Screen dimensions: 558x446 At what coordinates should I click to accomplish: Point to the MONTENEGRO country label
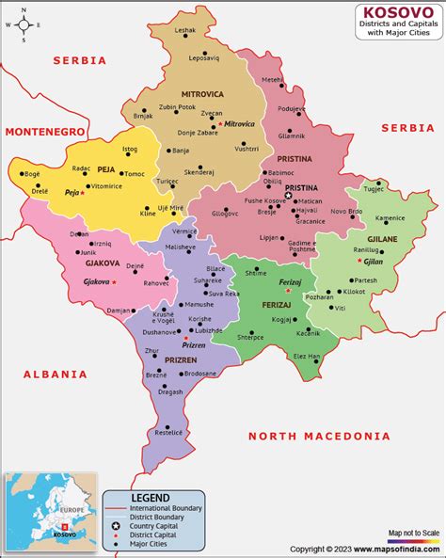pyautogui.click(x=46, y=132)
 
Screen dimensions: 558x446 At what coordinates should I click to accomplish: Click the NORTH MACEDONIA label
pyautogui.click(x=318, y=436)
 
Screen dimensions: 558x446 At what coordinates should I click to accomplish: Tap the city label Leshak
pyautogui.click(x=185, y=30)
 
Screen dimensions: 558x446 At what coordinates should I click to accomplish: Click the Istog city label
pyautogui.click(x=130, y=149)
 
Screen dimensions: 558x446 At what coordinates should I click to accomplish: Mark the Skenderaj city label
pyautogui.click(x=199, y=172)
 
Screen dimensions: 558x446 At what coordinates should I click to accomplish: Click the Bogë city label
pyautogui.click(x=32, y=174)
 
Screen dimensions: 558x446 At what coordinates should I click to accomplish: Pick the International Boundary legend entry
pyautogui.click(x=166, y=507)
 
